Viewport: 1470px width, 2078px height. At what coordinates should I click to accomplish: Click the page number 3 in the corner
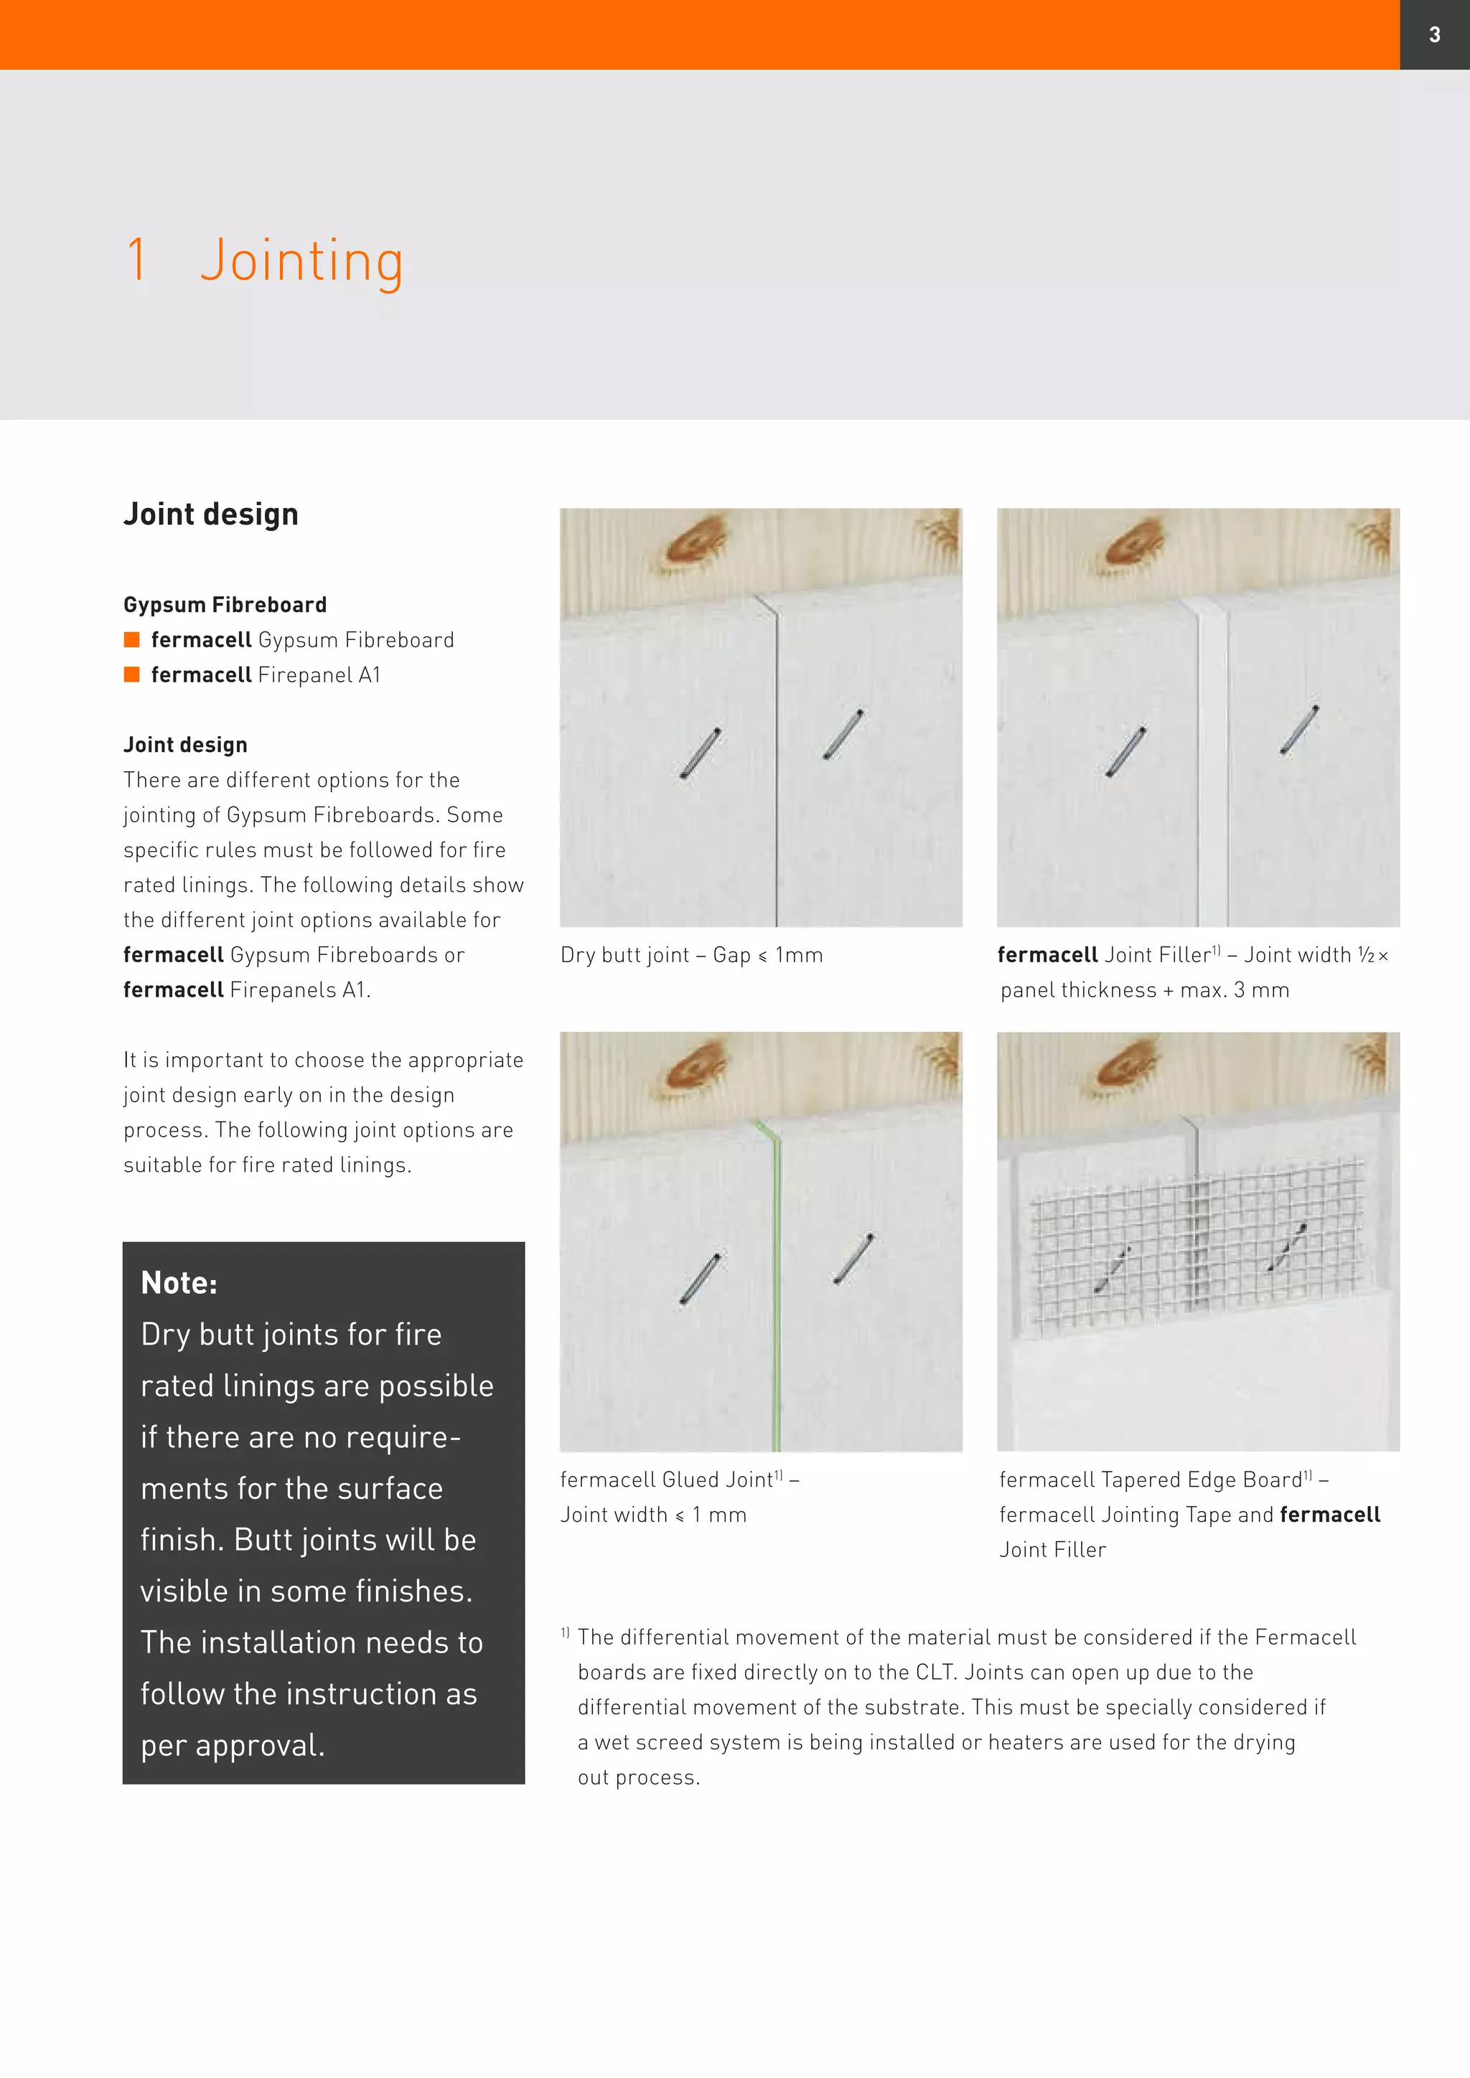tap(1435, 34)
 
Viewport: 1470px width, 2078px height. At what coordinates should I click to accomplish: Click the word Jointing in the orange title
tap(301, 263)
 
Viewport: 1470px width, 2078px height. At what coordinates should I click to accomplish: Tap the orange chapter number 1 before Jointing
tap(136, 259)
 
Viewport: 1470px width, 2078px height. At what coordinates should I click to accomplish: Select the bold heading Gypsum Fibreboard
tap(225, 605)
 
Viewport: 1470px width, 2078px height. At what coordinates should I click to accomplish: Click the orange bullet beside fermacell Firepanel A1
tap(131, 674)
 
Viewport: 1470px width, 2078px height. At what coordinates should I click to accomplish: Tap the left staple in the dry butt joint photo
tap(701, 753)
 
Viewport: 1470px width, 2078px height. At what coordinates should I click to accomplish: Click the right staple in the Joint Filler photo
tap(1300, 730)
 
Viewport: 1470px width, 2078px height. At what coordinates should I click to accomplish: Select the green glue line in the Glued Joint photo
tap(774, 1285)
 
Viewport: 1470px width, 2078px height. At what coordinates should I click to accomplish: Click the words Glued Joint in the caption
tap(717, 1480)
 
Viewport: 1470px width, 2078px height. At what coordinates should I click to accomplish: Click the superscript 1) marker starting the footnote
tap(565, 1632)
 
